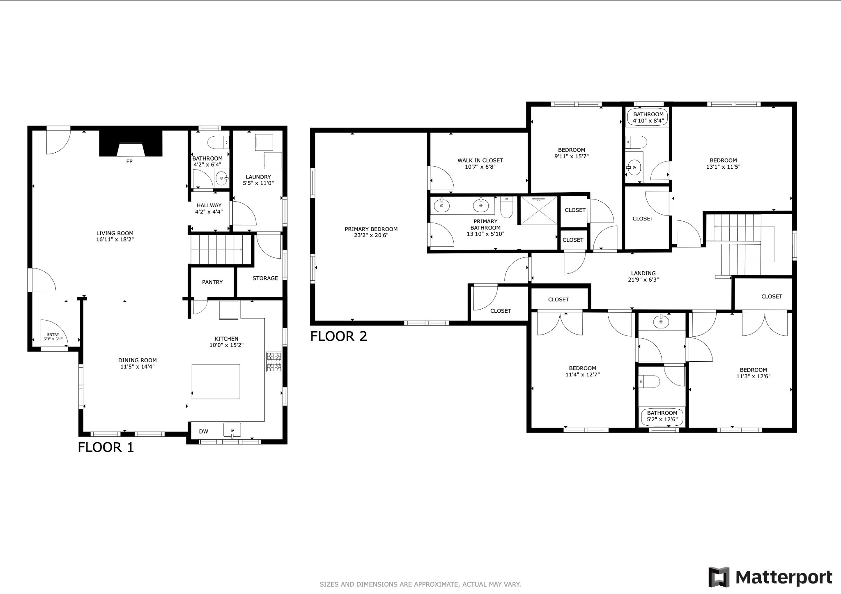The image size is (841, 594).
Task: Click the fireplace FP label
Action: click(x=129, y=162)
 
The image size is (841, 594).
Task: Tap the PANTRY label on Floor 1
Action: click(x=212, y=282)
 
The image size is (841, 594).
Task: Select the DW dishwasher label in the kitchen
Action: click(x=204, y=431)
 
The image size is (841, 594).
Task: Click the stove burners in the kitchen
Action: click(x=274, y=362)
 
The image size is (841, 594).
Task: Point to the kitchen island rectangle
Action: click(x=216, y=381)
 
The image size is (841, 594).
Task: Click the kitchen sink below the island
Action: click(x=232, y=430)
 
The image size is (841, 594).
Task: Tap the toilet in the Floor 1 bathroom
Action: click(x=218, y=142)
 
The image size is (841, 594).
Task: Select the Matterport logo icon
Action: click(x=719, y=577)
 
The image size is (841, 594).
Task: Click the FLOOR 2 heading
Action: click(x=339, y=337)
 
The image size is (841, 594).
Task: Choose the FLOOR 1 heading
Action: click(x=106, y=447)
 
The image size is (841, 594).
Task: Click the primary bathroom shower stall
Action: click(x=539, y=211)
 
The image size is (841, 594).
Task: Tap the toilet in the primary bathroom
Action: click(x=507, y=207)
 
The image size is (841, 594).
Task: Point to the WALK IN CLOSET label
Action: click(x=480, y=161)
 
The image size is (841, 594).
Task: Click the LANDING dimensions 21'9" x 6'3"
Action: click(x=643, y=280)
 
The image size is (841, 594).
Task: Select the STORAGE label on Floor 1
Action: click(x=265, y=278)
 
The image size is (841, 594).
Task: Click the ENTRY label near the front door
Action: click(x=53, y=335)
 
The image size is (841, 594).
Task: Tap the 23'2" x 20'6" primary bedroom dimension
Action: click(x=371, y=236)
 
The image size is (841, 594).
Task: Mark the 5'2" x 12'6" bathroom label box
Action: click(x=662, y=416)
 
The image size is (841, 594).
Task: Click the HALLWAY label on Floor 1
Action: click(x=209, y=206)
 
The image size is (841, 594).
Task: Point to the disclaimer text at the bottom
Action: click(x=420, y=584)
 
